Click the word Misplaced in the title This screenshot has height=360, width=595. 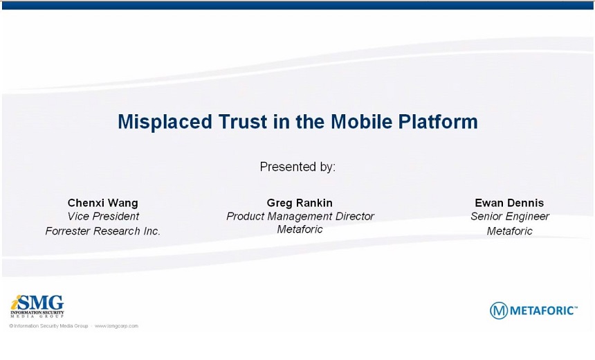(165, 123)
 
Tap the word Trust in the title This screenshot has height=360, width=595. (243, 122)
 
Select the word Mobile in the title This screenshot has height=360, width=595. (361, 122)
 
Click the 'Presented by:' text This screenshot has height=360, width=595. (297, 167)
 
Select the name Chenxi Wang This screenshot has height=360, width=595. (103, 203)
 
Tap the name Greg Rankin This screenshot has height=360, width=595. (300, 203)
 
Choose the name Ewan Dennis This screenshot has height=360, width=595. (509, 203)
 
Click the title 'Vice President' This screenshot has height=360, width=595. (103, 217)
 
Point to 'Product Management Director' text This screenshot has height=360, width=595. (300, 217)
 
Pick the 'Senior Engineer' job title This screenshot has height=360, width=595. (510, 217)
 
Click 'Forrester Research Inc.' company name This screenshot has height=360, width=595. (103, 231)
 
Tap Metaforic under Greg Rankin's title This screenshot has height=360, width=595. (300, 229)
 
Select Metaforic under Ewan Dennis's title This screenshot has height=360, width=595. (510, 231)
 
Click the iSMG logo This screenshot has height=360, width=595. (37, 306)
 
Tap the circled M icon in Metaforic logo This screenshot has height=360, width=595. (499, 311)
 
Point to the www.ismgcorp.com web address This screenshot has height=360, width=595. (116, 326)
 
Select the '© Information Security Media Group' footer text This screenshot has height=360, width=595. (48, 326)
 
